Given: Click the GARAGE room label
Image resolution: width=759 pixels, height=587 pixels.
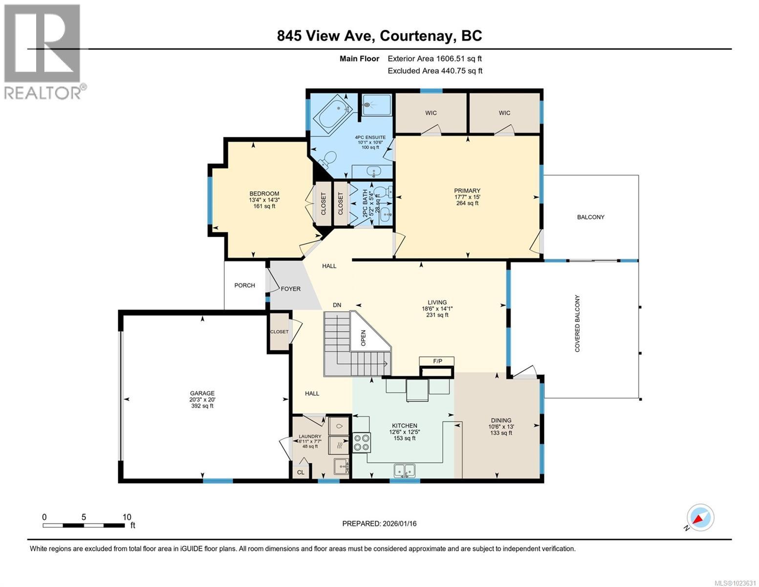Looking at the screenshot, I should point(202,393).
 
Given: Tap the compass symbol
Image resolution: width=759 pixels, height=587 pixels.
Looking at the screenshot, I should point(700,518).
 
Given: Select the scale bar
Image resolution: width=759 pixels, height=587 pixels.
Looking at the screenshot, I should point(84,525).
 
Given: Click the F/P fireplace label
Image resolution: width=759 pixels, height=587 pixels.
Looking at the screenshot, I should point(437,361).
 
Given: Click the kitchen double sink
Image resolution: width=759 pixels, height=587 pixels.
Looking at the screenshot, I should point(404,470).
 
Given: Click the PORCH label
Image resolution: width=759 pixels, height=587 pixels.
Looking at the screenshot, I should point(244,285).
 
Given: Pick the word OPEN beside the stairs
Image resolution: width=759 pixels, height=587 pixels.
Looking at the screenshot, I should point(363,338).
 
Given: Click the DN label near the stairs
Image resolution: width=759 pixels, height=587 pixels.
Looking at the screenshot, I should point(337,305).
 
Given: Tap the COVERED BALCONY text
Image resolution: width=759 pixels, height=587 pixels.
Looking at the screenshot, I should point(577,323).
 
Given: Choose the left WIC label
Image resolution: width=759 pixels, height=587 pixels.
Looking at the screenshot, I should point(431,113).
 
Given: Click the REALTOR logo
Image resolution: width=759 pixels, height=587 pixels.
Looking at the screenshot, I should point(44,51).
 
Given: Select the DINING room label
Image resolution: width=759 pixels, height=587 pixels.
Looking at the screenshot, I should point(501,420).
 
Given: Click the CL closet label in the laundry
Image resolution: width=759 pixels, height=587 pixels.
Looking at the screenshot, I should point(301,472).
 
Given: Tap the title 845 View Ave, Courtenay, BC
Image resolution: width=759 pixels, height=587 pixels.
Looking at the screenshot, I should point(379,36).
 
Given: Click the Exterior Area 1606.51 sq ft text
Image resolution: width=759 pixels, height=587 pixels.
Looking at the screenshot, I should point(437,58).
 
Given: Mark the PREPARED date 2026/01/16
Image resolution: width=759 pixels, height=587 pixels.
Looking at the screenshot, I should point(379,523).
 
